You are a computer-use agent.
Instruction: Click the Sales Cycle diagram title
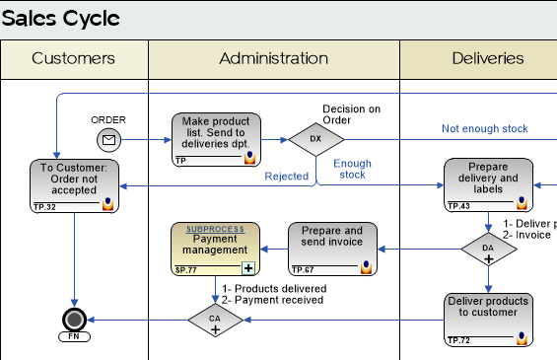pos(61,19)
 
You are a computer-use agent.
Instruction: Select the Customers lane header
pos(73,58)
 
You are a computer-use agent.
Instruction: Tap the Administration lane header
pos(273,58)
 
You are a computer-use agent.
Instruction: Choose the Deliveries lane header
pos(487,58)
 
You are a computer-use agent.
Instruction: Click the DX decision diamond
pos(315,139)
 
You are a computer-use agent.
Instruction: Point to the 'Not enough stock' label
pos(484,128)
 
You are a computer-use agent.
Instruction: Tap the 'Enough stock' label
pos(352,169)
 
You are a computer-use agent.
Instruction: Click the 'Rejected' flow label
pos(286,177)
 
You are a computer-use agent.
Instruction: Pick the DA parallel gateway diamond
pos(488,249)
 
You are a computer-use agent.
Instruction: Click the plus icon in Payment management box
pos(248,267)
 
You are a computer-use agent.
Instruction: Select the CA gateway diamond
pos(215,320)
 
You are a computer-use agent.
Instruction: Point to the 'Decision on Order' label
pos(351,114)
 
